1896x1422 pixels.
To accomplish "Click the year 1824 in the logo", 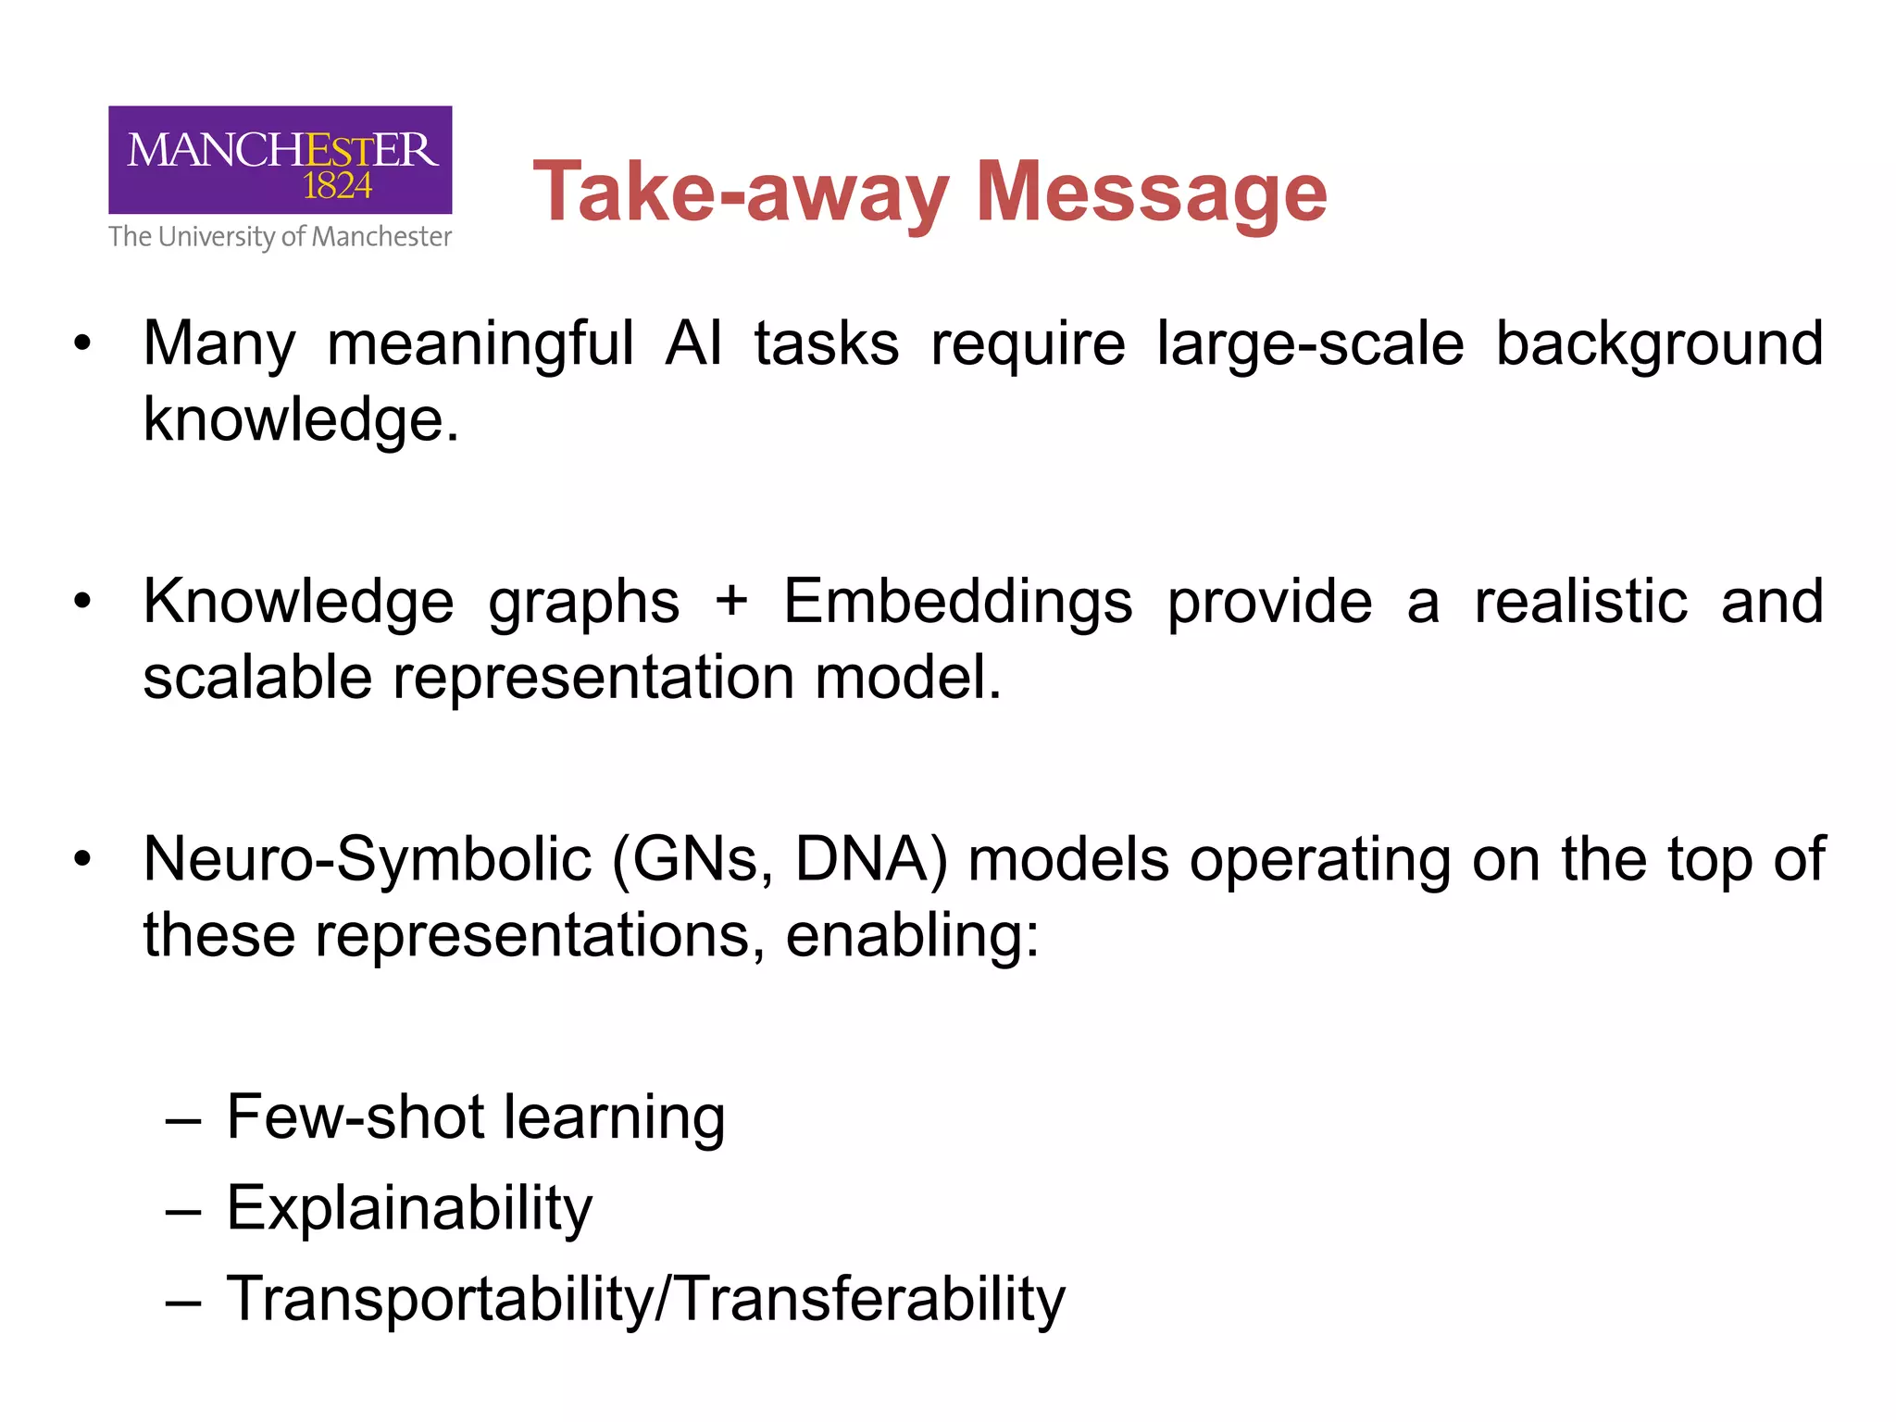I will [x=337, y=186].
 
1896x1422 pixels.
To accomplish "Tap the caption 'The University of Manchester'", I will [x=280, y=237].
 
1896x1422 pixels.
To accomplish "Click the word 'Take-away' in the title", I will [x=741, y=193].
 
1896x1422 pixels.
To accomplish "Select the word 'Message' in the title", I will [x=1152, y=193].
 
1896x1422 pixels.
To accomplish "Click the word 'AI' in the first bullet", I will [x=692, y=343].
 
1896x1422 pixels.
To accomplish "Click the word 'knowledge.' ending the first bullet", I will [x=301, y=420].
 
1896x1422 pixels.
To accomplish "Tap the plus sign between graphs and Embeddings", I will [x=731, y=603].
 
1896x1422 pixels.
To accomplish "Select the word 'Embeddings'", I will [x=957, y=603].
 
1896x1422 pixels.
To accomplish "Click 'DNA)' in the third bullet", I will [x=871, y=860].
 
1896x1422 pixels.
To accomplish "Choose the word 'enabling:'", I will [x=913, y=936].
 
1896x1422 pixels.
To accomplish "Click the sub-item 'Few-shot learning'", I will [x=475, y=1117].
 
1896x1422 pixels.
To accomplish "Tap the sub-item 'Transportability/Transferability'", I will [x=645, y=1299].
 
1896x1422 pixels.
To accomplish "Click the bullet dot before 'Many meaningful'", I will [x=83, y=344].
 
